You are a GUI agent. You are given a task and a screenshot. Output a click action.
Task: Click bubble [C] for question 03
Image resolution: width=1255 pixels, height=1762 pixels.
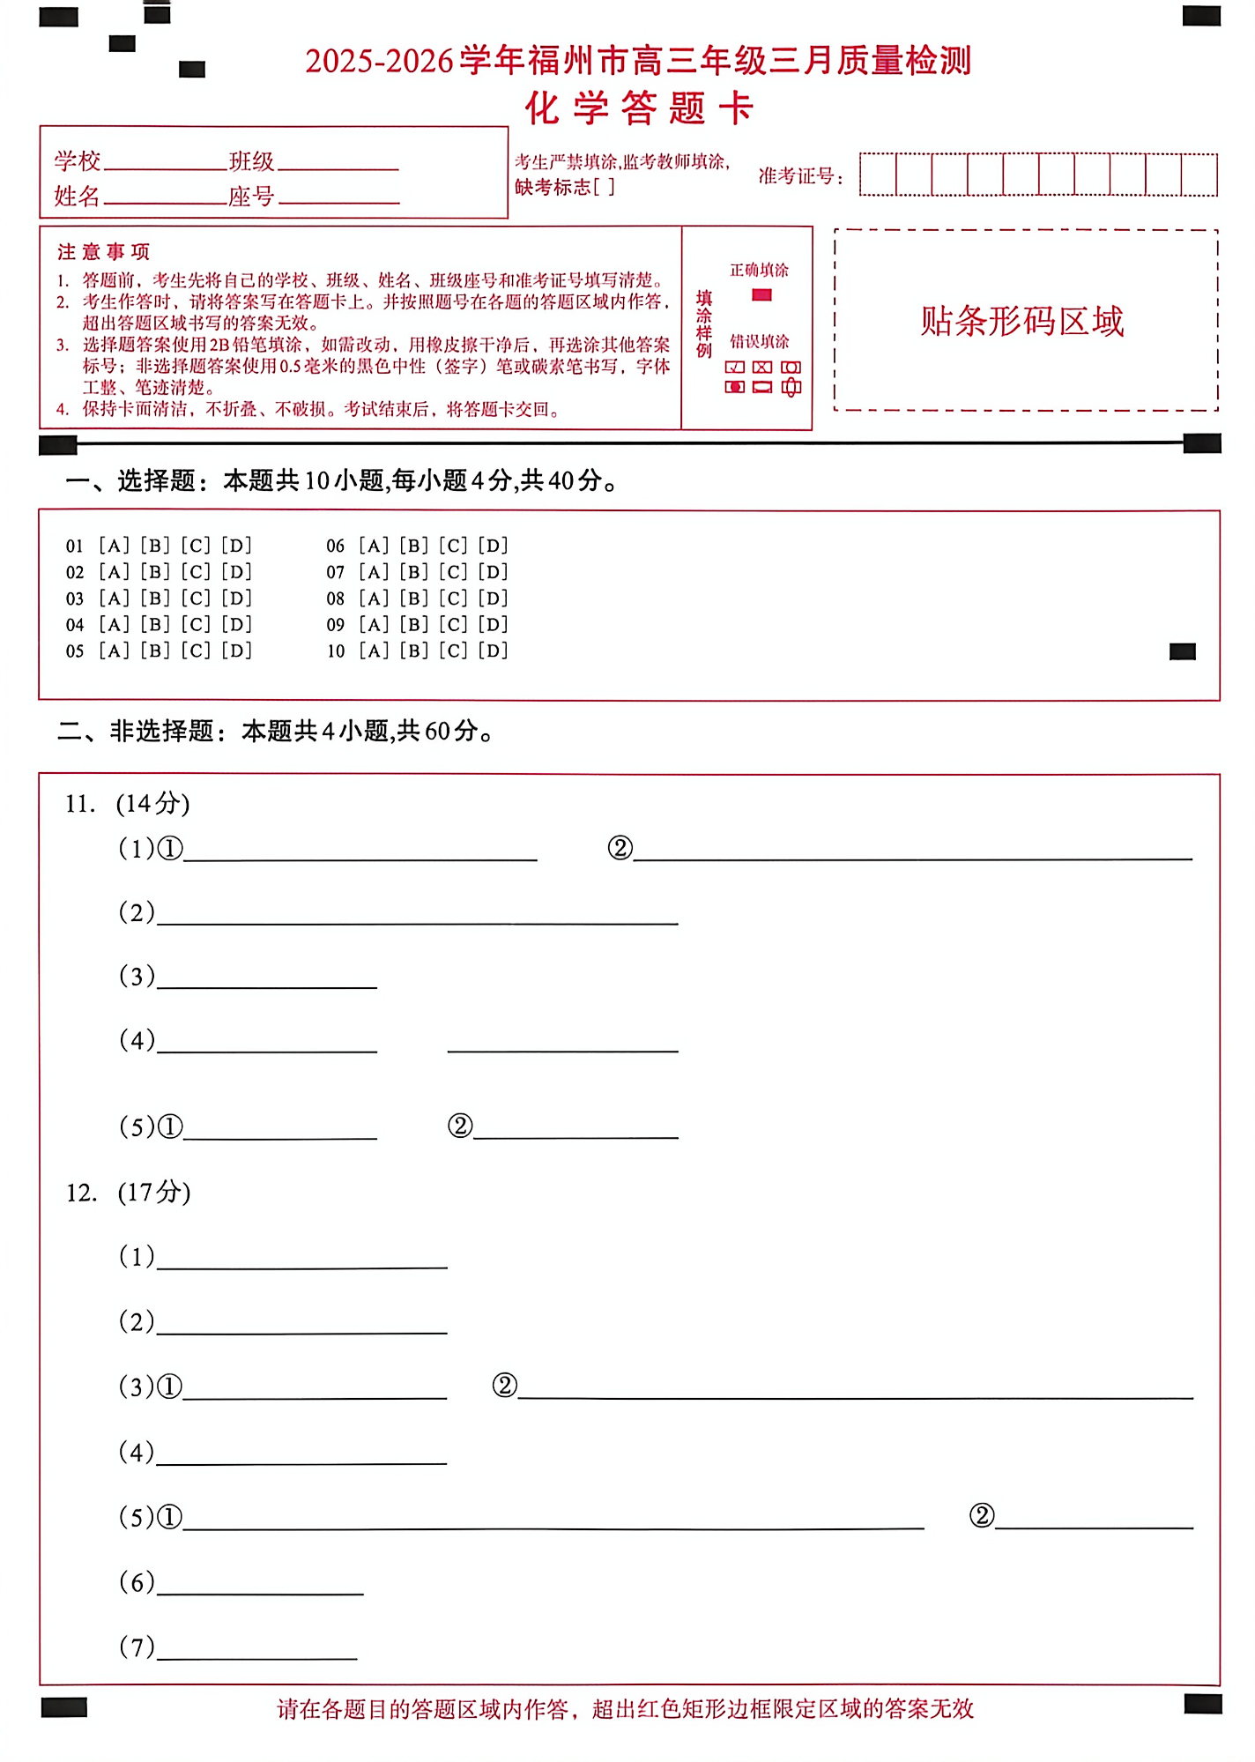[196, 598]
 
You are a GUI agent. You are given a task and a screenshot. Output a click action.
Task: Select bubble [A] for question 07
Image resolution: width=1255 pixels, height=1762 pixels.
[374, 572]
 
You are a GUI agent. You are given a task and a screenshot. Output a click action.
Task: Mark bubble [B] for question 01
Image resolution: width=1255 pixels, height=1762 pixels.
[155, 546]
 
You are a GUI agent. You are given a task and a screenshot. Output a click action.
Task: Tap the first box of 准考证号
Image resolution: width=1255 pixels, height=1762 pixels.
[878, 175]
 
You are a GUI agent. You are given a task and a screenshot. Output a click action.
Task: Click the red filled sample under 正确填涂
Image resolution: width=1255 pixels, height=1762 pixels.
[762, 295]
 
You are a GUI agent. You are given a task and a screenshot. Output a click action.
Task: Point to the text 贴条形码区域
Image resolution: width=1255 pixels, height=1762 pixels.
[1022, 321]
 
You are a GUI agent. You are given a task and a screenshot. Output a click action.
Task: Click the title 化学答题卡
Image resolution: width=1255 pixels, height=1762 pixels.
[640, 109]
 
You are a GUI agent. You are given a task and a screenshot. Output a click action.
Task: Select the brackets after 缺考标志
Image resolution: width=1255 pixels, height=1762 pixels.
[605, 187]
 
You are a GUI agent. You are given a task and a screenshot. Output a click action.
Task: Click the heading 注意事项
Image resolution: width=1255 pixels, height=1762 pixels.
[103, 252]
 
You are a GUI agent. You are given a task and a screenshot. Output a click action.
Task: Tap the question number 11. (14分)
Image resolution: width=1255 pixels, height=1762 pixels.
[127, 804]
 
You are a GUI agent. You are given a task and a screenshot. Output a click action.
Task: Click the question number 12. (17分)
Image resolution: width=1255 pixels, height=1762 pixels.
[128, 1193]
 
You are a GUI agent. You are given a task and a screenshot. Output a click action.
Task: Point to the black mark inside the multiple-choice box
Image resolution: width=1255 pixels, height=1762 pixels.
[1182, 651]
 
